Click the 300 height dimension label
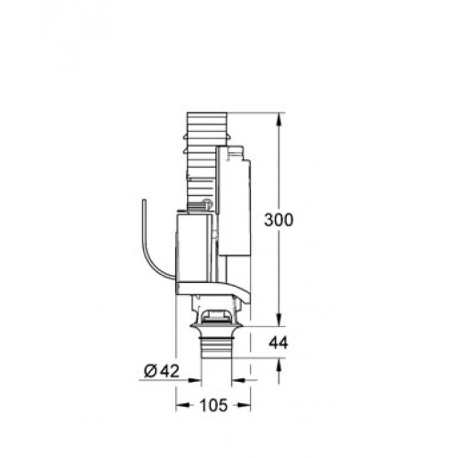[x=278, y=220]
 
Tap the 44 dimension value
[x=278, y=343]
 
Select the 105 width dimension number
[x=213, y=406]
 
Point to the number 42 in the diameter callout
[x=169, y=371]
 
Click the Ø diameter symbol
[x=150, y=371]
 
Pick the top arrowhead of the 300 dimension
[x=279, y=119]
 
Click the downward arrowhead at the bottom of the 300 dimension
[x=279, y=321]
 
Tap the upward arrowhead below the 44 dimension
[x=279, y=364]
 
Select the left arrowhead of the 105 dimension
[x=181, y=406]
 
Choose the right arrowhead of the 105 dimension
[x=245, y=406]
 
